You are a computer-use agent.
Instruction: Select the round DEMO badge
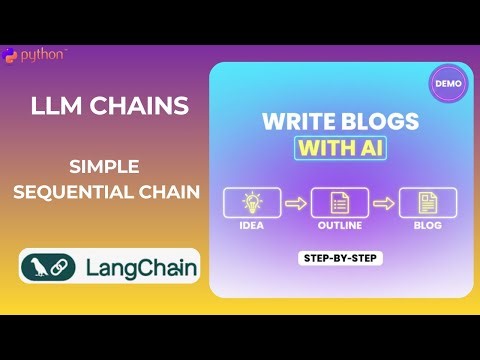[449, 84]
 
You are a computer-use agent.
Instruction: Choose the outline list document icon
[339, 203]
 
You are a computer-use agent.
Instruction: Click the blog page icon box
[427, 203]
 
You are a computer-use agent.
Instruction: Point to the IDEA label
[252, 226]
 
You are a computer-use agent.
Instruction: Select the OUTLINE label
[339, 226]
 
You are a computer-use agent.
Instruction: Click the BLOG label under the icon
[427, 226]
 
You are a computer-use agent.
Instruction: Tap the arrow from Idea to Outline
[296, 203]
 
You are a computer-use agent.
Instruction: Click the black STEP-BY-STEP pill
[341, 258]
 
